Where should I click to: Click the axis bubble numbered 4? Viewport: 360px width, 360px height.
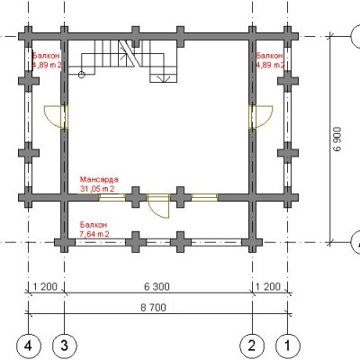coord(28,346)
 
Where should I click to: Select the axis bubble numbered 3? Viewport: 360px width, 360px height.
coord(65,346)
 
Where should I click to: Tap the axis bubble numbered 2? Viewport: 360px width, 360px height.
coord(252,346)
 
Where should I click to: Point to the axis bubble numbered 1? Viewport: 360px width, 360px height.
coord(288,346)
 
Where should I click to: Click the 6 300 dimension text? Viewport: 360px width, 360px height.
coord(157,287)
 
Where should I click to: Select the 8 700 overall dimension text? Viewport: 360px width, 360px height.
coord(153,308)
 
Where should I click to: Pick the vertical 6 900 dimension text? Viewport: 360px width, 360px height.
coord(337,139)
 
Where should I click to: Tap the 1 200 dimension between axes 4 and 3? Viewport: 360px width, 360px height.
coord(45,287)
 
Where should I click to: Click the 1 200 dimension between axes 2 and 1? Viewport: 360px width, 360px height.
coord(268,287)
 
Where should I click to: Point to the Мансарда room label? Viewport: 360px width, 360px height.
coord(99,179)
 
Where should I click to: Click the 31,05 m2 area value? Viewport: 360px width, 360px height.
coord(97,189)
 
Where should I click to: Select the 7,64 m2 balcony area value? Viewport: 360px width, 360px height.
coord(94,234)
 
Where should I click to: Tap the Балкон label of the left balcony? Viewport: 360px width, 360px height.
coord(46,56)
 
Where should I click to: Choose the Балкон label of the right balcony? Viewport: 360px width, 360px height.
coord(269,56)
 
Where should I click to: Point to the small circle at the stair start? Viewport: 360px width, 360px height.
coord(81,75)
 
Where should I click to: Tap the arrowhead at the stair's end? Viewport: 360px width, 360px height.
coord(164,79)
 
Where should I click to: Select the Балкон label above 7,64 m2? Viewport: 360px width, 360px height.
coord(94,225)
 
